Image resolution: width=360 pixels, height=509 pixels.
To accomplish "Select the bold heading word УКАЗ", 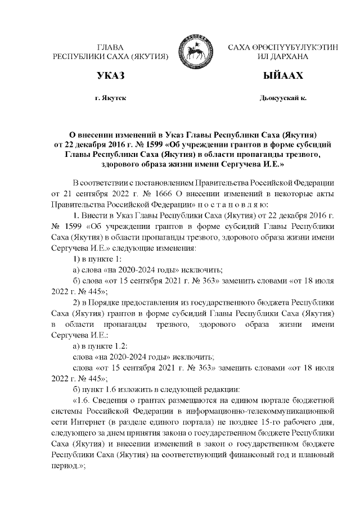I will point(110,75).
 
